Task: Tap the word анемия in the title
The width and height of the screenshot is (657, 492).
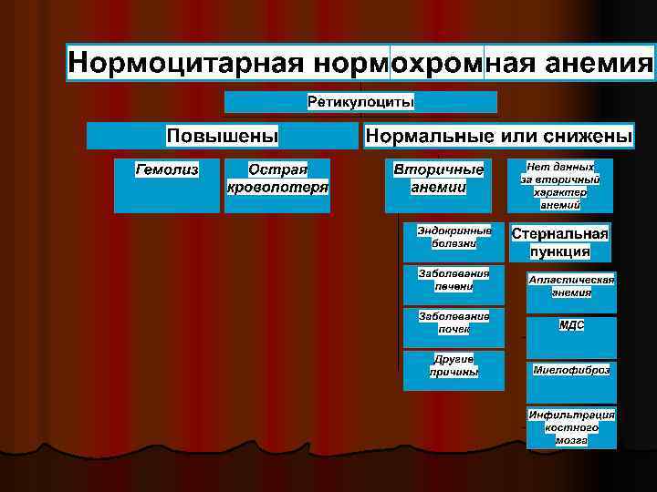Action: coord(599,63)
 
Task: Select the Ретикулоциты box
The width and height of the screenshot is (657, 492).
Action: coord(360,102)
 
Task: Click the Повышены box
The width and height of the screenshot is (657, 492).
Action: coord(222,136)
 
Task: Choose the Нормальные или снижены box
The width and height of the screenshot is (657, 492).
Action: coord(498,136)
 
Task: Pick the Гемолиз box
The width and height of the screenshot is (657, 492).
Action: coord(167,186)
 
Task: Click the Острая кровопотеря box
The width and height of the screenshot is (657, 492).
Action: coord(277,186)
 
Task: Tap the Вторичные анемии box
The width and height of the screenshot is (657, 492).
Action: coord(438,186)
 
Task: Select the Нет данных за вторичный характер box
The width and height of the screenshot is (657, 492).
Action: coord(560,186)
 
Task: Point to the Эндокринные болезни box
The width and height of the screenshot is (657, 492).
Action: coord(454,240)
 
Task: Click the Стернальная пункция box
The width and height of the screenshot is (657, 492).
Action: coord(560,242)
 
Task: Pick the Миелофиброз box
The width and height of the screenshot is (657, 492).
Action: coord(571,375)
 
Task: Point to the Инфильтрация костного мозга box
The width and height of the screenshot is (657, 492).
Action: coord(571,426)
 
